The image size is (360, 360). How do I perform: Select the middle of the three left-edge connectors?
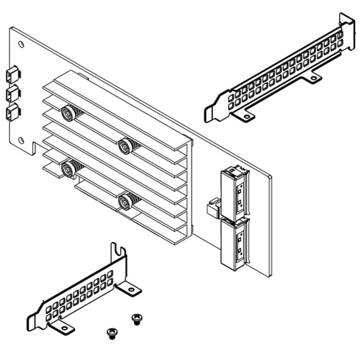pos(12,93)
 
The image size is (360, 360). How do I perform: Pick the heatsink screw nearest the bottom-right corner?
pos(125,201)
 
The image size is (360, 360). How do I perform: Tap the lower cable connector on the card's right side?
pos(235,241)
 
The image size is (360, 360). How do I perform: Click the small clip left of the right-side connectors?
pos(213,208)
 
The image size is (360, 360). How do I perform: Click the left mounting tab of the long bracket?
pos(246,115)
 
